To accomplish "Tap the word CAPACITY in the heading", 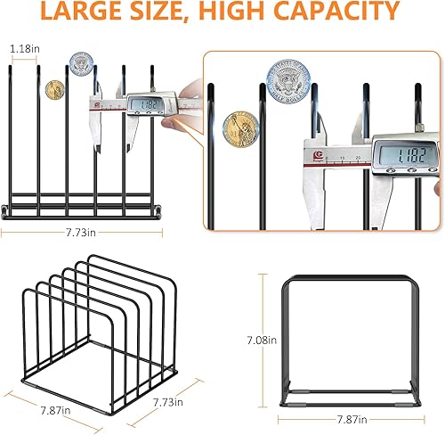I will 334,12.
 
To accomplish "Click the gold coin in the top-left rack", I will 54,90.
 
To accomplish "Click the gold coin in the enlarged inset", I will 241,124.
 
